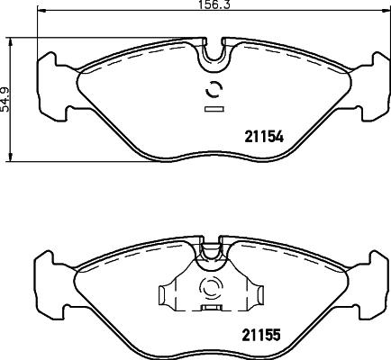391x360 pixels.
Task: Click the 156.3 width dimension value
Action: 214,4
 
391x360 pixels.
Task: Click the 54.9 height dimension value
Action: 5,100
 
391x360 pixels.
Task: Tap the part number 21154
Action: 264,137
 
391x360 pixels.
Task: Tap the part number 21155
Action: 261,335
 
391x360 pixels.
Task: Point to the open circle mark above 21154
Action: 214,89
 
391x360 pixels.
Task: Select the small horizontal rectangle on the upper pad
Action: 214,109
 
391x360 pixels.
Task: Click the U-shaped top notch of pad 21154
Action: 214,57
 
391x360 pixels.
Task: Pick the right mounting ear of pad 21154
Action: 374,87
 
